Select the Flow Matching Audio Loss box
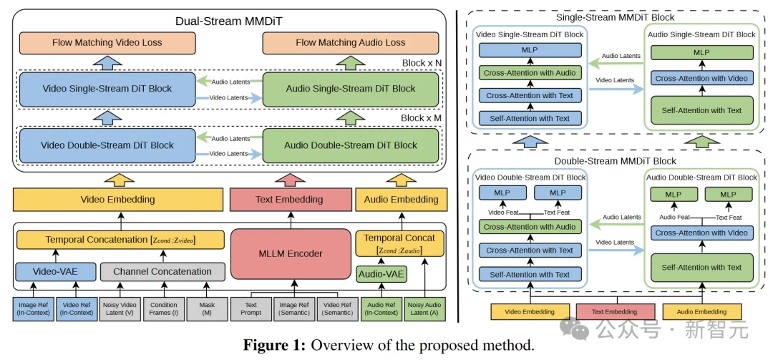(x=350, y=43)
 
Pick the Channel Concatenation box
(x=162, y=272)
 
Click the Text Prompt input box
(x=251, y=308)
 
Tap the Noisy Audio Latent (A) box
(x=424, y=308)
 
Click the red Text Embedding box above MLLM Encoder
(x=289, y=200)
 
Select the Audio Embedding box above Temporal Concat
(x=401, y=200)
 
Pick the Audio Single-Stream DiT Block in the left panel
(x=351, y=89)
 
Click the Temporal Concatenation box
(x=115, y=240)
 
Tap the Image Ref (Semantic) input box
(x=294, y=308)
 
